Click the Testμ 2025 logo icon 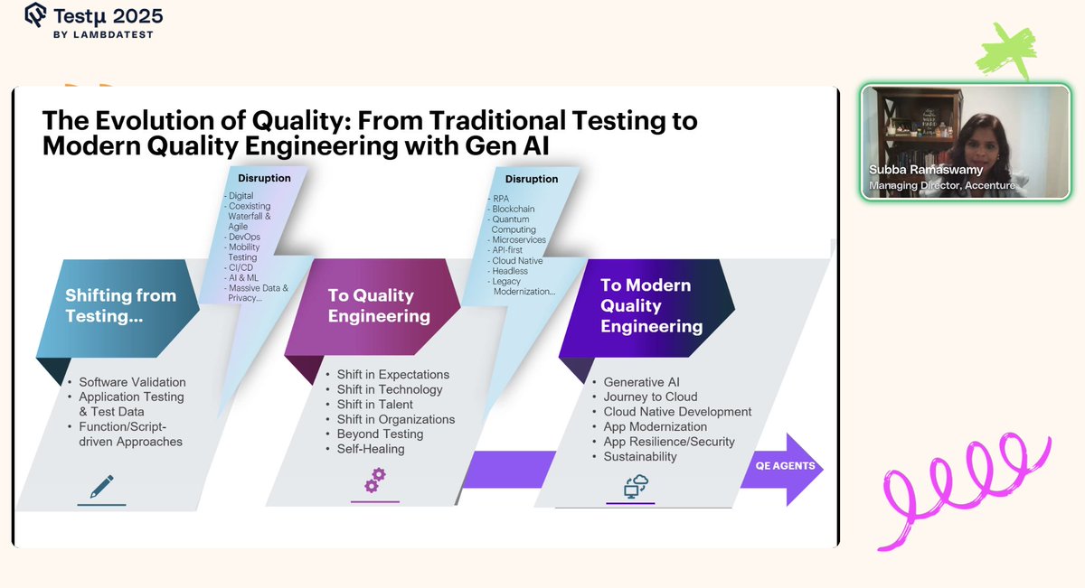click(x=36, y=16)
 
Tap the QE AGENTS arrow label click(x=785, y=466)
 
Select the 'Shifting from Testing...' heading click(x=120, y=305)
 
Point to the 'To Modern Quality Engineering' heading click(x=652, y=305)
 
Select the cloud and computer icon click(x=637, y=486)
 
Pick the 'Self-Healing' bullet click(x=370, y=449)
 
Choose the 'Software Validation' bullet click(x=132, y=382)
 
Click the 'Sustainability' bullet click(x=640, y=456)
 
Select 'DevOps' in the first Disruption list click(x=244, y=237)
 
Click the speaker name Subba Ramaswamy click(x=926, y=170)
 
